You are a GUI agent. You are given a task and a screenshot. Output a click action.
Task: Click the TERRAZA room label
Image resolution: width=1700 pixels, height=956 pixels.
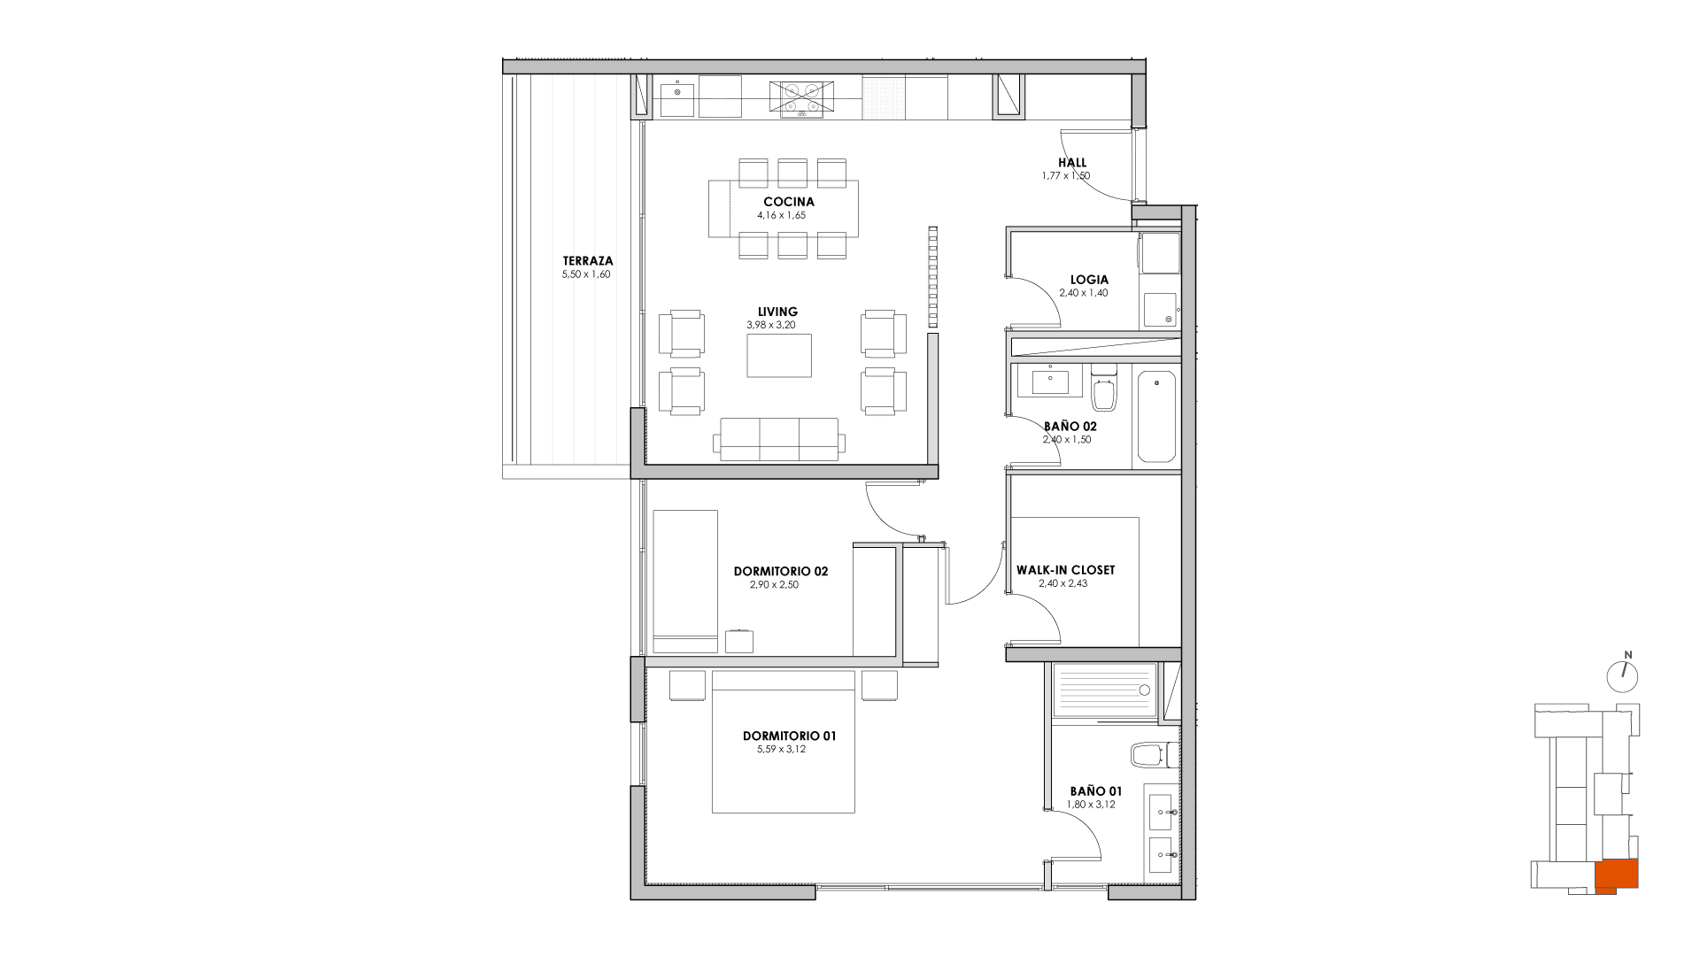click(x=587, y=261)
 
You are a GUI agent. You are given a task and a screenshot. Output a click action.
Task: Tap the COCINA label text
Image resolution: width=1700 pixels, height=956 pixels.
click(x=789, y=202)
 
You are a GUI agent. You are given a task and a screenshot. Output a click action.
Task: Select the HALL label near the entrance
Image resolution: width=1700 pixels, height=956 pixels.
click(x=1072, y=163)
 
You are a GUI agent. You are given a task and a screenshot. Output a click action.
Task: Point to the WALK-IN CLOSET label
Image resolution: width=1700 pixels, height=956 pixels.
click(x=1065, y=570)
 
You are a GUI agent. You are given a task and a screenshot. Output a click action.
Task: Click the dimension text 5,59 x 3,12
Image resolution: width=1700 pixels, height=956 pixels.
click(x=781, y=749)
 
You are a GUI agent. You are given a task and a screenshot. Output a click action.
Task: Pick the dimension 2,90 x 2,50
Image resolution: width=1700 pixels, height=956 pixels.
click(x=774, y=584)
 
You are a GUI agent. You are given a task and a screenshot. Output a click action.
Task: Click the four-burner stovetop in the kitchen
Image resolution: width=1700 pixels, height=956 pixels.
click(x=800, y=98)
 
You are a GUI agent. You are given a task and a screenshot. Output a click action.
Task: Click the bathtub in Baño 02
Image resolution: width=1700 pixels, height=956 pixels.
click(x=1156, y=416)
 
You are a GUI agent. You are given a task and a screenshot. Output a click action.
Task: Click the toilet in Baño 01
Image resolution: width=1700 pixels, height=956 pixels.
click(x=1154, y=755)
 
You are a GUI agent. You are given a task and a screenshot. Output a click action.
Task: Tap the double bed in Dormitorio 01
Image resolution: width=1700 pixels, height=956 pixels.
click(x=784, y=742)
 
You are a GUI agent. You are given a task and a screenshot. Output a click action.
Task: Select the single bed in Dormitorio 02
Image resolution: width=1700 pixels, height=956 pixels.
click(x=685, y=581)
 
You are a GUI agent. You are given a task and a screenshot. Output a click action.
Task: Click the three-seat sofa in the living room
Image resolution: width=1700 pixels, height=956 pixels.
click(x=779, y=439)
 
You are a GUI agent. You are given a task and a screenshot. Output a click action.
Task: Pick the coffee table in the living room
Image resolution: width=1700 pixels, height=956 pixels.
click(x=779, y=355)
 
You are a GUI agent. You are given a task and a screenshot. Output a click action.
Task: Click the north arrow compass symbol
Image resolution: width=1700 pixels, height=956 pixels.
click(x=1622, y=675)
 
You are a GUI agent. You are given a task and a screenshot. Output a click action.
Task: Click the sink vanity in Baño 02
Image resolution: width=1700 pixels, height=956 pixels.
click(x=1051, y=382)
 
